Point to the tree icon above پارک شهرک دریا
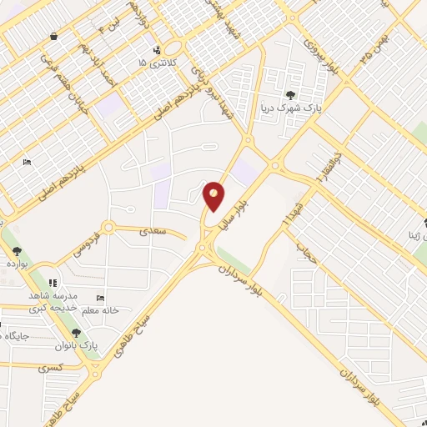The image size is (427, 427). click(290, 95)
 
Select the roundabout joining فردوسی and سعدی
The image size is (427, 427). click(107, 227)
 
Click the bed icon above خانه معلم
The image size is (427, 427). click(100, 298)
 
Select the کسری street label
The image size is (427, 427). click(50, 367)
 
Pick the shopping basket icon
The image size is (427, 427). click(54, 37)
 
